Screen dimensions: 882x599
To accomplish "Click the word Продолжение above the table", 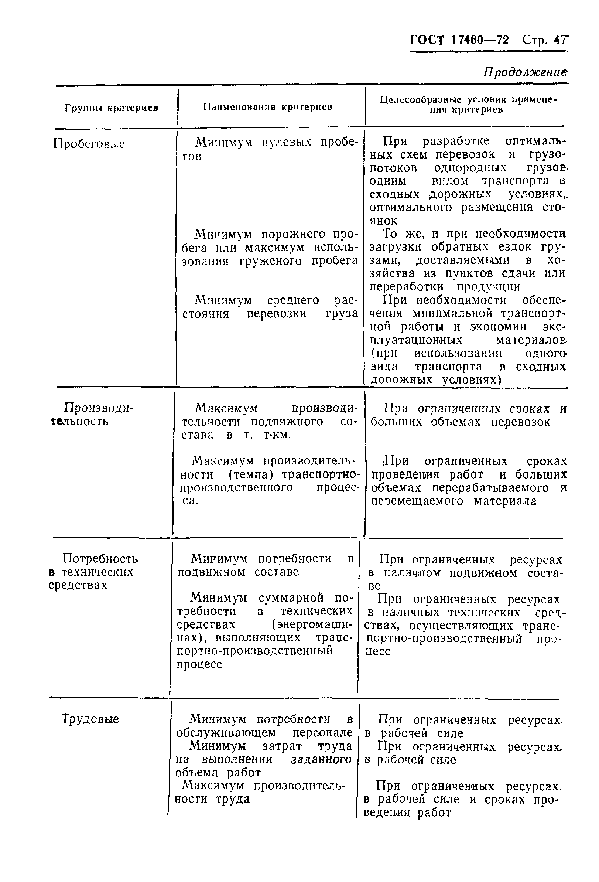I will pos(526,72).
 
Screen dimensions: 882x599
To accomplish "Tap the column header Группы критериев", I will pos(111,108).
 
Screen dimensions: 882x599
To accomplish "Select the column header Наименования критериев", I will pos(267,107).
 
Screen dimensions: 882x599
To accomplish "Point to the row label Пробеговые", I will pos(89,144).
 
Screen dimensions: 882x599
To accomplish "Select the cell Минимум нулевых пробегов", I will pos(270,149).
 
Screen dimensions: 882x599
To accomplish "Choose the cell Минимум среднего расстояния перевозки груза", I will pos(270,307).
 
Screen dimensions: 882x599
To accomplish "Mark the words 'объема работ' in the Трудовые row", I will pos(219,772).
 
